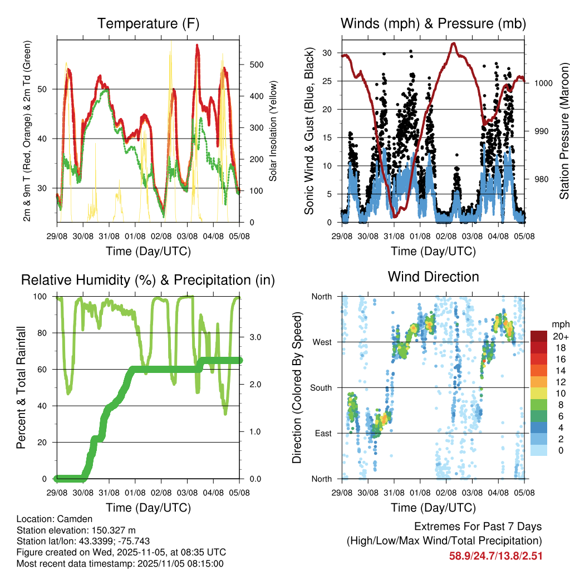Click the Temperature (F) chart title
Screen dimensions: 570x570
click(148, 24)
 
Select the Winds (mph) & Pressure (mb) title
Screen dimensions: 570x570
click(434, 24)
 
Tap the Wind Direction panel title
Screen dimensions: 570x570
click(433, 277)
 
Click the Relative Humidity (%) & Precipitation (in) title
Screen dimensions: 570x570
click(148, 280)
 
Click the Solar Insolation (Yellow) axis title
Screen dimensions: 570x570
click(273, 131)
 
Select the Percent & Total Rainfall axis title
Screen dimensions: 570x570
click(21, 387)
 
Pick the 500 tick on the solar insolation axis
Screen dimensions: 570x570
click(257, 65)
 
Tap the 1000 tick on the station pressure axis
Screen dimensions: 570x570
click(543, 83)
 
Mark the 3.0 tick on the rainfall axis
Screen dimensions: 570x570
click(254, 337)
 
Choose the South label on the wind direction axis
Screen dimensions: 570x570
click(321, 387)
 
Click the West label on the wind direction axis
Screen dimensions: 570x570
click(322, 342)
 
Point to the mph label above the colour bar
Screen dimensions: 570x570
click(559, 325)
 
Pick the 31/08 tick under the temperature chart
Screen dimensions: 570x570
click(109, 235)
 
